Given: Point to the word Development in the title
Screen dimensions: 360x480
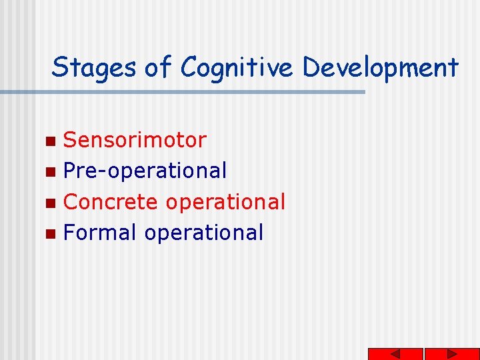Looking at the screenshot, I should (x=379, y=68).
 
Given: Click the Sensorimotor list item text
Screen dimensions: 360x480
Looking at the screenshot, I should (x=135, y=140).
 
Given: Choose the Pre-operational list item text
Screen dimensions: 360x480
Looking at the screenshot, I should (x=145, y=171).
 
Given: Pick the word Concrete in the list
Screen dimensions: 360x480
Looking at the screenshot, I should (x=111, y=201).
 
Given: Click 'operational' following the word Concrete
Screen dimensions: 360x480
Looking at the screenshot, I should (x=225, y=202).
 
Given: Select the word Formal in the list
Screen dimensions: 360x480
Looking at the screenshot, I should (x=100, y=232).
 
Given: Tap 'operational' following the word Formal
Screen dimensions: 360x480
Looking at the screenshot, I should (x=203, y=233).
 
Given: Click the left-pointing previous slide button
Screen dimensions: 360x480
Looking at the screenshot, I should (x=395, y=354).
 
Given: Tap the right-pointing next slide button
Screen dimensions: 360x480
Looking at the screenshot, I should (x=452, y=354).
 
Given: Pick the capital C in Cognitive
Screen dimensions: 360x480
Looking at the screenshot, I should (x=189, y=68).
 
